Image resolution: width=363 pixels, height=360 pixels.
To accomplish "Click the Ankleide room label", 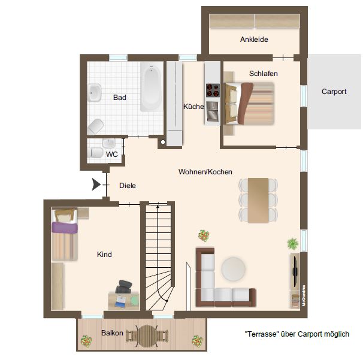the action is (x=254, y=40).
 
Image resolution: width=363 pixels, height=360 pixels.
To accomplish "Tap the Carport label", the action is (x=334, y=92).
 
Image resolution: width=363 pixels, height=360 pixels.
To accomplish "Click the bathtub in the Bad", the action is (x=151, y=87).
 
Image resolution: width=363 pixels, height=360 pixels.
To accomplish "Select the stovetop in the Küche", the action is (x=213, y=90).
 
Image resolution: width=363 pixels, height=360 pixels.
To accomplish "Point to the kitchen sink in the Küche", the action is (x=213, y=112).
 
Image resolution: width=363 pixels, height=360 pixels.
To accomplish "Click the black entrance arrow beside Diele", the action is (x=96, y=184).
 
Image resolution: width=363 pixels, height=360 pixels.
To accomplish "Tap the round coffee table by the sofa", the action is (x=234, y=269).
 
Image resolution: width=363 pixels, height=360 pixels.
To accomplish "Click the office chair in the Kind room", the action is (x=123, y=287).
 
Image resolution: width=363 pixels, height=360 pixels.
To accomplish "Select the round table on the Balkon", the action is (x=147, y=335).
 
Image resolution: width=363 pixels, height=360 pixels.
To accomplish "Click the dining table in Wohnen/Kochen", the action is (x=258, y=200).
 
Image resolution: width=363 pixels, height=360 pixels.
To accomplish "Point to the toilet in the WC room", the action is (x=96, y=153).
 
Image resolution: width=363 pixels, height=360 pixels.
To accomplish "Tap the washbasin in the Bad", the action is (x=94, y=93).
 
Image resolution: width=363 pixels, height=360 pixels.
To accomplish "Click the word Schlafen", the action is (x=263, y=74).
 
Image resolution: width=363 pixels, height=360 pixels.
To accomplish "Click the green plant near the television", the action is (x=293, y=244).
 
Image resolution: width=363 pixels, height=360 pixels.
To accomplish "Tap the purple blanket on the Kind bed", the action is (x=64, y=228).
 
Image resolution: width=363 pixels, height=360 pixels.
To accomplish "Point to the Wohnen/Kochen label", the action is (x=205, y=172).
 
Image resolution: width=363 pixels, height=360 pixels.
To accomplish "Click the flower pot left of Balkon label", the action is (x=86, y=341).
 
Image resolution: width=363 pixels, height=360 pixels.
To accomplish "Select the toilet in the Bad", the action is (x=96, y=126).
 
